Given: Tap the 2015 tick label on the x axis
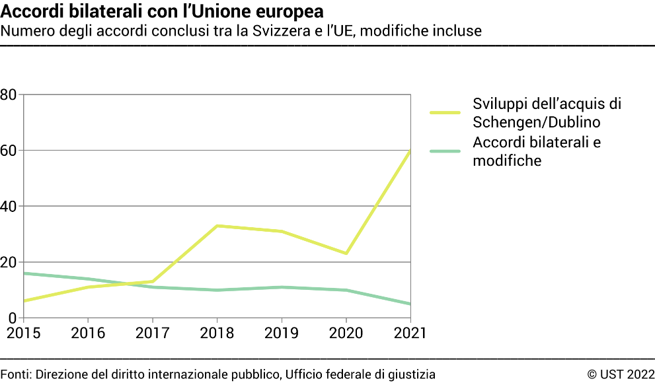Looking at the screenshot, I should click(23, 333).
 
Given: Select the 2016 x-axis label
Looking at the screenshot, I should click(88, 333).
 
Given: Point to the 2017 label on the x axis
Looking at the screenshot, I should click(153, 333).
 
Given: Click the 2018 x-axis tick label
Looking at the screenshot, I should click(217, 333).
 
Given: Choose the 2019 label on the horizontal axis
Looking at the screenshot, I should click(282, 333).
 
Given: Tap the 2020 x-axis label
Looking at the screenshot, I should click(346, 333).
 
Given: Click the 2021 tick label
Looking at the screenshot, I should click(410, 333).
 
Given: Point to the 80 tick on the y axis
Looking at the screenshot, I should click(9, 94).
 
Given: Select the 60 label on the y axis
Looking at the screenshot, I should click(9, 151).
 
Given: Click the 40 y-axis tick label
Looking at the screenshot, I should click(9, 207).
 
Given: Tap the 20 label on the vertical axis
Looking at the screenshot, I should click(9, 263).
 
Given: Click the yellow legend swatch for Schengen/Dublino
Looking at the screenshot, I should click(445, 113).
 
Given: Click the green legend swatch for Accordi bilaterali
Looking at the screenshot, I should click(445, 151).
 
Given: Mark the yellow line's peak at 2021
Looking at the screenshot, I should click(410, 151).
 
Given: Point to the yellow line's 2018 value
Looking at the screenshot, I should click(217, 226).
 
